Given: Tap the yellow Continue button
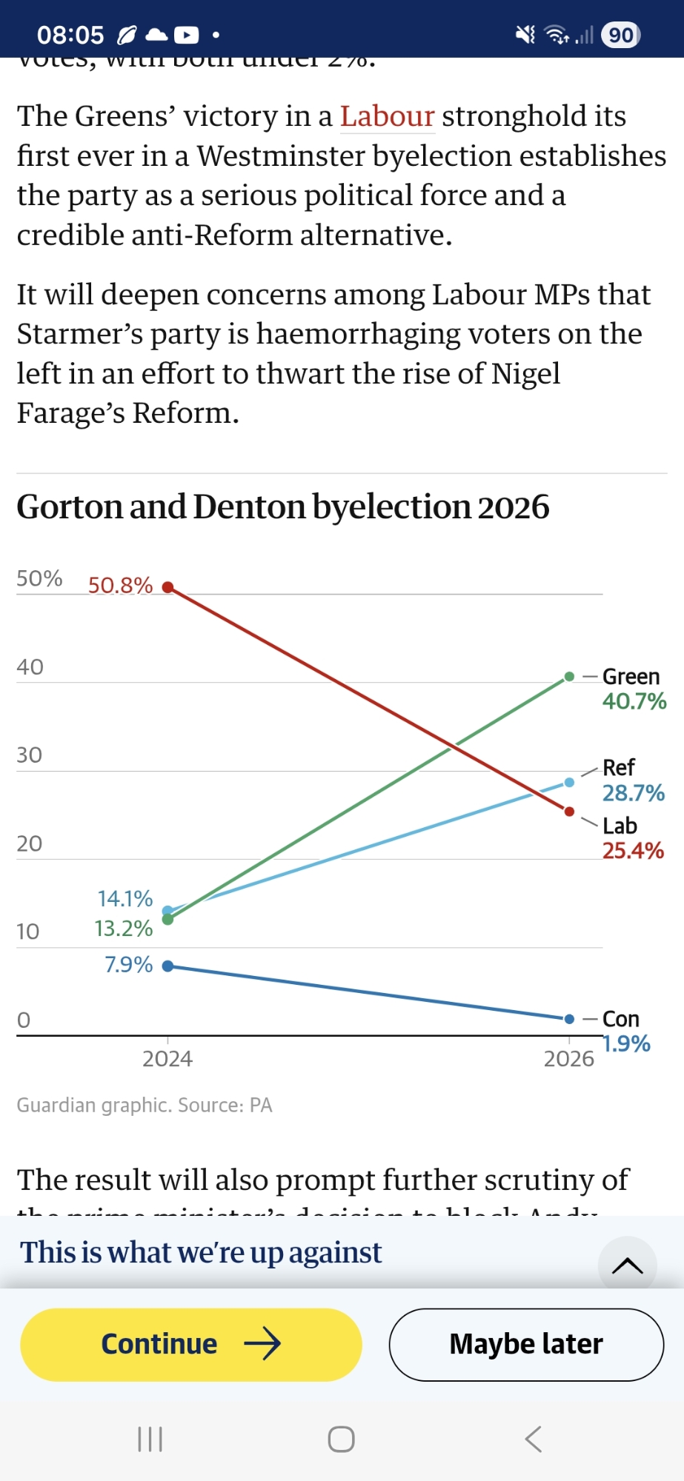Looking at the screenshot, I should coord(190,1344).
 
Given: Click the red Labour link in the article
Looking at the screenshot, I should coord(387,116).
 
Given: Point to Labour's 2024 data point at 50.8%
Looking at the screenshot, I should coord(167,587).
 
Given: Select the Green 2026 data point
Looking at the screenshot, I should coord(569,676).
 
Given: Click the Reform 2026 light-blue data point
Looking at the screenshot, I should coord(569,782).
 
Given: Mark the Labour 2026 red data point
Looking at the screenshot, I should coord(569,812).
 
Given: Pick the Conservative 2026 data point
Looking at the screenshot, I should coord(569,1019).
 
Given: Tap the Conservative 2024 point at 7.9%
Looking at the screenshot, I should coord(167,966).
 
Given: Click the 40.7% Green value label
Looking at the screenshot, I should coord(634,701).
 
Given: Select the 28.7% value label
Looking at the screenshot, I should coord(634,793).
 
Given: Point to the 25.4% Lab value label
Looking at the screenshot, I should coord(633,850).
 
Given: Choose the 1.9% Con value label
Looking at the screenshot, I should coord(627,1044).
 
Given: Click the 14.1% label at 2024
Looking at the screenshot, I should coord(124,899).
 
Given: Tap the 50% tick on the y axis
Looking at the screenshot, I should coord(39,578).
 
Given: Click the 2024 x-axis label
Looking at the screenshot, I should coord(167,1059).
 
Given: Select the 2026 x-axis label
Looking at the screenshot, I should coord(568,1059).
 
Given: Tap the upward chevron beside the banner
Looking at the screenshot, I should coord(627,1265).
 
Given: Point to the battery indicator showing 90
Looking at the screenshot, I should coord(621,35).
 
